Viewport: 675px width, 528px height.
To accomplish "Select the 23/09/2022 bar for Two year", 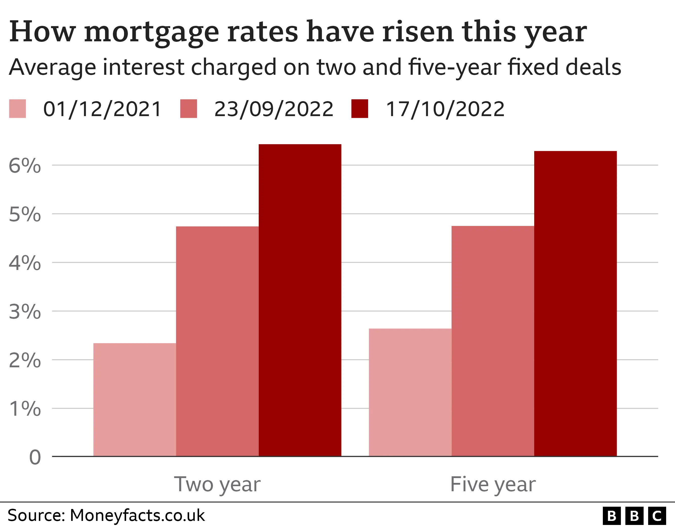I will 217,341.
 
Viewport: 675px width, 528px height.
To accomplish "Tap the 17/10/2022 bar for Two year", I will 300,300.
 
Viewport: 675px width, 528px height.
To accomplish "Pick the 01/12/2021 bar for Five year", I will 410,392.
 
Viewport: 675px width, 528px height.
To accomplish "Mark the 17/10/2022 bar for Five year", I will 575,303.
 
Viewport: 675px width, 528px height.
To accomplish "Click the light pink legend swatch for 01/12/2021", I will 17,109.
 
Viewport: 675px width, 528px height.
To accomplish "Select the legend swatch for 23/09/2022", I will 189,109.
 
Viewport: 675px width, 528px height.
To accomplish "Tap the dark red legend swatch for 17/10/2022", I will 360,109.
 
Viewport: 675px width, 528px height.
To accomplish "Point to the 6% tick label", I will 25,166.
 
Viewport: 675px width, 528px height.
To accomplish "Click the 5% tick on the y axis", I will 25,214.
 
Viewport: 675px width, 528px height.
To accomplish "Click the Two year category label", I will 217,484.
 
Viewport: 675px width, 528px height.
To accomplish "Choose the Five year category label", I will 493,484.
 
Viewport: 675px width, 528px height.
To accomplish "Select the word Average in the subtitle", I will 53,67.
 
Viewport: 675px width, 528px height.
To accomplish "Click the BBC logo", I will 634,516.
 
